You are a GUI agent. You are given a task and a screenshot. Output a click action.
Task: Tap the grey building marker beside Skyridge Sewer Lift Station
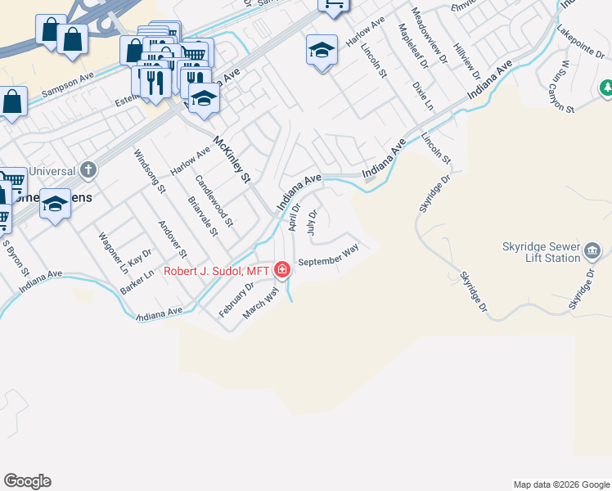[x=593, y=251]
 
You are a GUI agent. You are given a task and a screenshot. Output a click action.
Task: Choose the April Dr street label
[x=295, y=217]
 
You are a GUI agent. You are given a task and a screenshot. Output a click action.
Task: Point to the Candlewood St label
[x=215, y=200]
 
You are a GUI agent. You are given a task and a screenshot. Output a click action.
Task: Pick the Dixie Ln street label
[x=422, y=95]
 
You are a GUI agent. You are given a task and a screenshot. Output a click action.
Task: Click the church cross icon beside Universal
[x=88, y=171]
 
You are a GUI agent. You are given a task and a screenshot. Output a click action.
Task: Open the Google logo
[x=27, y=481]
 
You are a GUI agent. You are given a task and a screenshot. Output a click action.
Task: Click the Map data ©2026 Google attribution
[x=560, y=484]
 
